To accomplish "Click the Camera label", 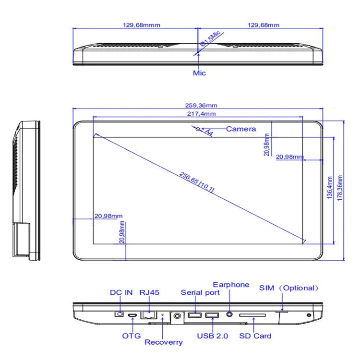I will pyautogui.click(x=241, y=129).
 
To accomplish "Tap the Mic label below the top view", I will pyautogui.click(x=199, y=73).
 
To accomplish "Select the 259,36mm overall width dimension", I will pyautogui.click(x=198, y=106).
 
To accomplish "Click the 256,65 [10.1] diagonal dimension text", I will pyautogui.click(x=197, y=182).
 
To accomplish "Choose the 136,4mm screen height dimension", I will pyautogui.click(x=329, y=190).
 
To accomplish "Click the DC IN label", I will pyautogui.click(x=121, y=292).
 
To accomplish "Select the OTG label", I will pyautogui.click(x=132, y=336).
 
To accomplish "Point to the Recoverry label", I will pyautogui.click(x=164, y=342).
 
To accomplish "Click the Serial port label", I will pyautogui.click(x=200, y=292).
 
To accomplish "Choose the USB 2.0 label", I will pyautogui.click(x=213, y=336).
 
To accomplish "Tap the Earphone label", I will pyautogui.click(x=231, y=285).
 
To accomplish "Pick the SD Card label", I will pyautogui.click(x=255, y=336).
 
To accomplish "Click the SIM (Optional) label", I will pyautogui.click(x=289, y=288).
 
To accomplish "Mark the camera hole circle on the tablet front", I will pyautogui.click(x=198, y=129).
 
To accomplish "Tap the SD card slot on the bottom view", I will pyautogui.click(x=252, y=315).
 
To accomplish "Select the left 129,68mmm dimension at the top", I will pyautogui.click(x=135, y=25).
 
